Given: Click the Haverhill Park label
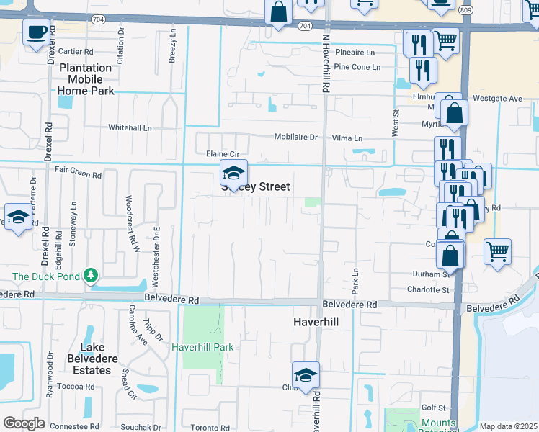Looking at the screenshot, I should point(202,347).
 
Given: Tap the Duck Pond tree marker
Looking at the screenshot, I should point(90,275).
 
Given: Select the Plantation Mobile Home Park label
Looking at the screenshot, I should point(86,79).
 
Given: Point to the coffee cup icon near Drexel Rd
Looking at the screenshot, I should point(36,32).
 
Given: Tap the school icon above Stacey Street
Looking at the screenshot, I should point(233,173).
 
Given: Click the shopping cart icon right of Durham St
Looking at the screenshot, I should point(497,252).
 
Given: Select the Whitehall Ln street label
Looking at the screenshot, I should point(130,127).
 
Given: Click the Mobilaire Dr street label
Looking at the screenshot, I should point(295,137).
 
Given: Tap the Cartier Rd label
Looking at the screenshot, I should point(76,51).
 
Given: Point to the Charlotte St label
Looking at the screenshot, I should point(427,289).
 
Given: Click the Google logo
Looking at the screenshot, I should point(24,423).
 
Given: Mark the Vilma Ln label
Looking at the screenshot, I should point(347,138).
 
